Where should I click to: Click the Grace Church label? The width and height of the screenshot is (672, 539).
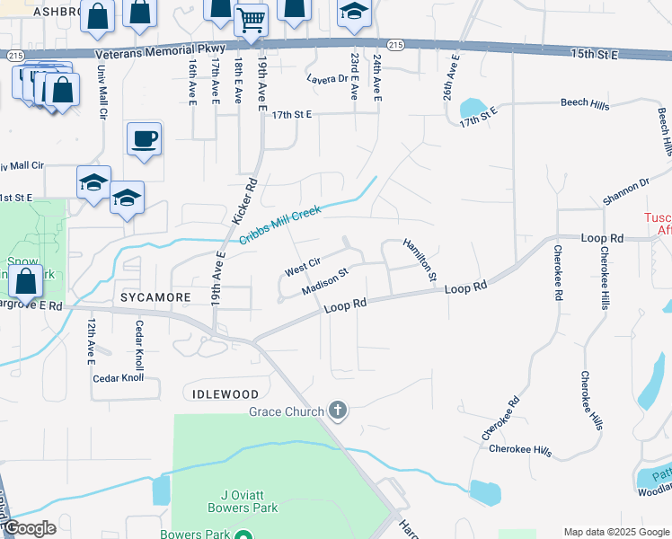(286, 412)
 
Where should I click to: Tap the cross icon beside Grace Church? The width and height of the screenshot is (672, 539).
(338, 411)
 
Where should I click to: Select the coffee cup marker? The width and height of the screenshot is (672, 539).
(144, 138)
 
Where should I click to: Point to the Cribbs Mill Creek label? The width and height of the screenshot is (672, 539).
(282, 225)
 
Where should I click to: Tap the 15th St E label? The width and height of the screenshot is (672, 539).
(595, 55)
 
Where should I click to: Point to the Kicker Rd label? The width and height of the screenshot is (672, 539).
(244, 200)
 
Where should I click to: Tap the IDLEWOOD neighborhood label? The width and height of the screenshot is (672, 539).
(225, 394)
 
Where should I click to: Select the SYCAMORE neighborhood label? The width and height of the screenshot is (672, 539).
(154, 296)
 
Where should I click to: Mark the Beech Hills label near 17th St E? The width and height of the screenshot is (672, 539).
(585, 105)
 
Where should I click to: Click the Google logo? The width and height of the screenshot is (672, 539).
(29, 528)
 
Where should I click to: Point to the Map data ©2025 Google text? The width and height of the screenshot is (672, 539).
(615, 532)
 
